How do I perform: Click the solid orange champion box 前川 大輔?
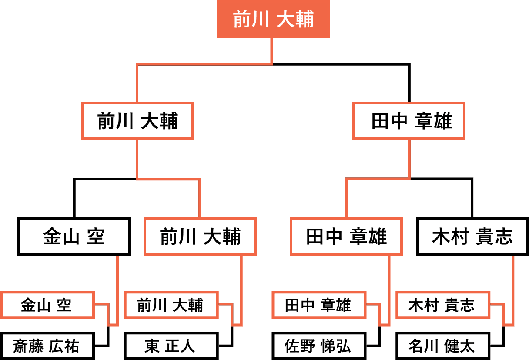[273, 20]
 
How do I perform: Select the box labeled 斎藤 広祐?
[47, 346]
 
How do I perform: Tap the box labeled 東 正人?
[170, 346]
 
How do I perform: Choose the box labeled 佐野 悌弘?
[318, 346]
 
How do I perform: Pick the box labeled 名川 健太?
[442, 346]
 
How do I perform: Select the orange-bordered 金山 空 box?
[47, 305]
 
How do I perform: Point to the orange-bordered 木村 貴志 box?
[442, 305]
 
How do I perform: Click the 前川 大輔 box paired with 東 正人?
[170, 305]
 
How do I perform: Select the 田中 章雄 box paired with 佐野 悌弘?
[318, 305]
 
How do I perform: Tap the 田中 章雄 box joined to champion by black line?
[409, 121]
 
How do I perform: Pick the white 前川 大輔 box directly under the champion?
[137, 121]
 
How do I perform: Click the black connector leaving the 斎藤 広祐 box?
[107, 337]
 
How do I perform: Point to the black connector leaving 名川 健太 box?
[504, 337]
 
